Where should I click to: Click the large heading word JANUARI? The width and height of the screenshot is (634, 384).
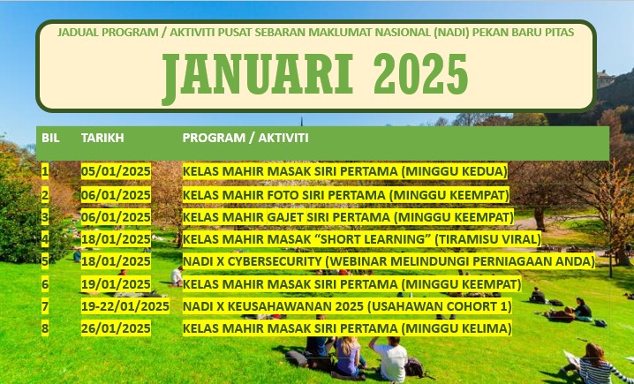tap(258, 77)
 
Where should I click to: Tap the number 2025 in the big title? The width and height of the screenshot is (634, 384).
tap(420, 74)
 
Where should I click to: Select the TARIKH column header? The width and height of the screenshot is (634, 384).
tap(102, 138)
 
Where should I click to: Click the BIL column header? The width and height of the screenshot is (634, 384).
tap(50, 138)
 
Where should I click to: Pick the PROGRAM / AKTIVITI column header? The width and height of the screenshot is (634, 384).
tap(245, 138)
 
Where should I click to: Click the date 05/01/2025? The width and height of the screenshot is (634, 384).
tap(116, 172)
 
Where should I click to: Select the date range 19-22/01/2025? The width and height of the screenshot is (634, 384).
tap(125, 306)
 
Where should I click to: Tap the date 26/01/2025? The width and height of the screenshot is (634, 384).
tap(116, 328)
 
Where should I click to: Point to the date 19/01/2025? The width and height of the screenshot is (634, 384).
tap(116, 284)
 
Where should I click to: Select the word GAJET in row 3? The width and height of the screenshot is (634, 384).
tap(285, 217)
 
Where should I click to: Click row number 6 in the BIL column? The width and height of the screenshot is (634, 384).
tap(45, 284)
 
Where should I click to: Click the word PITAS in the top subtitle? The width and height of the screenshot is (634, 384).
tap(560, 33)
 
